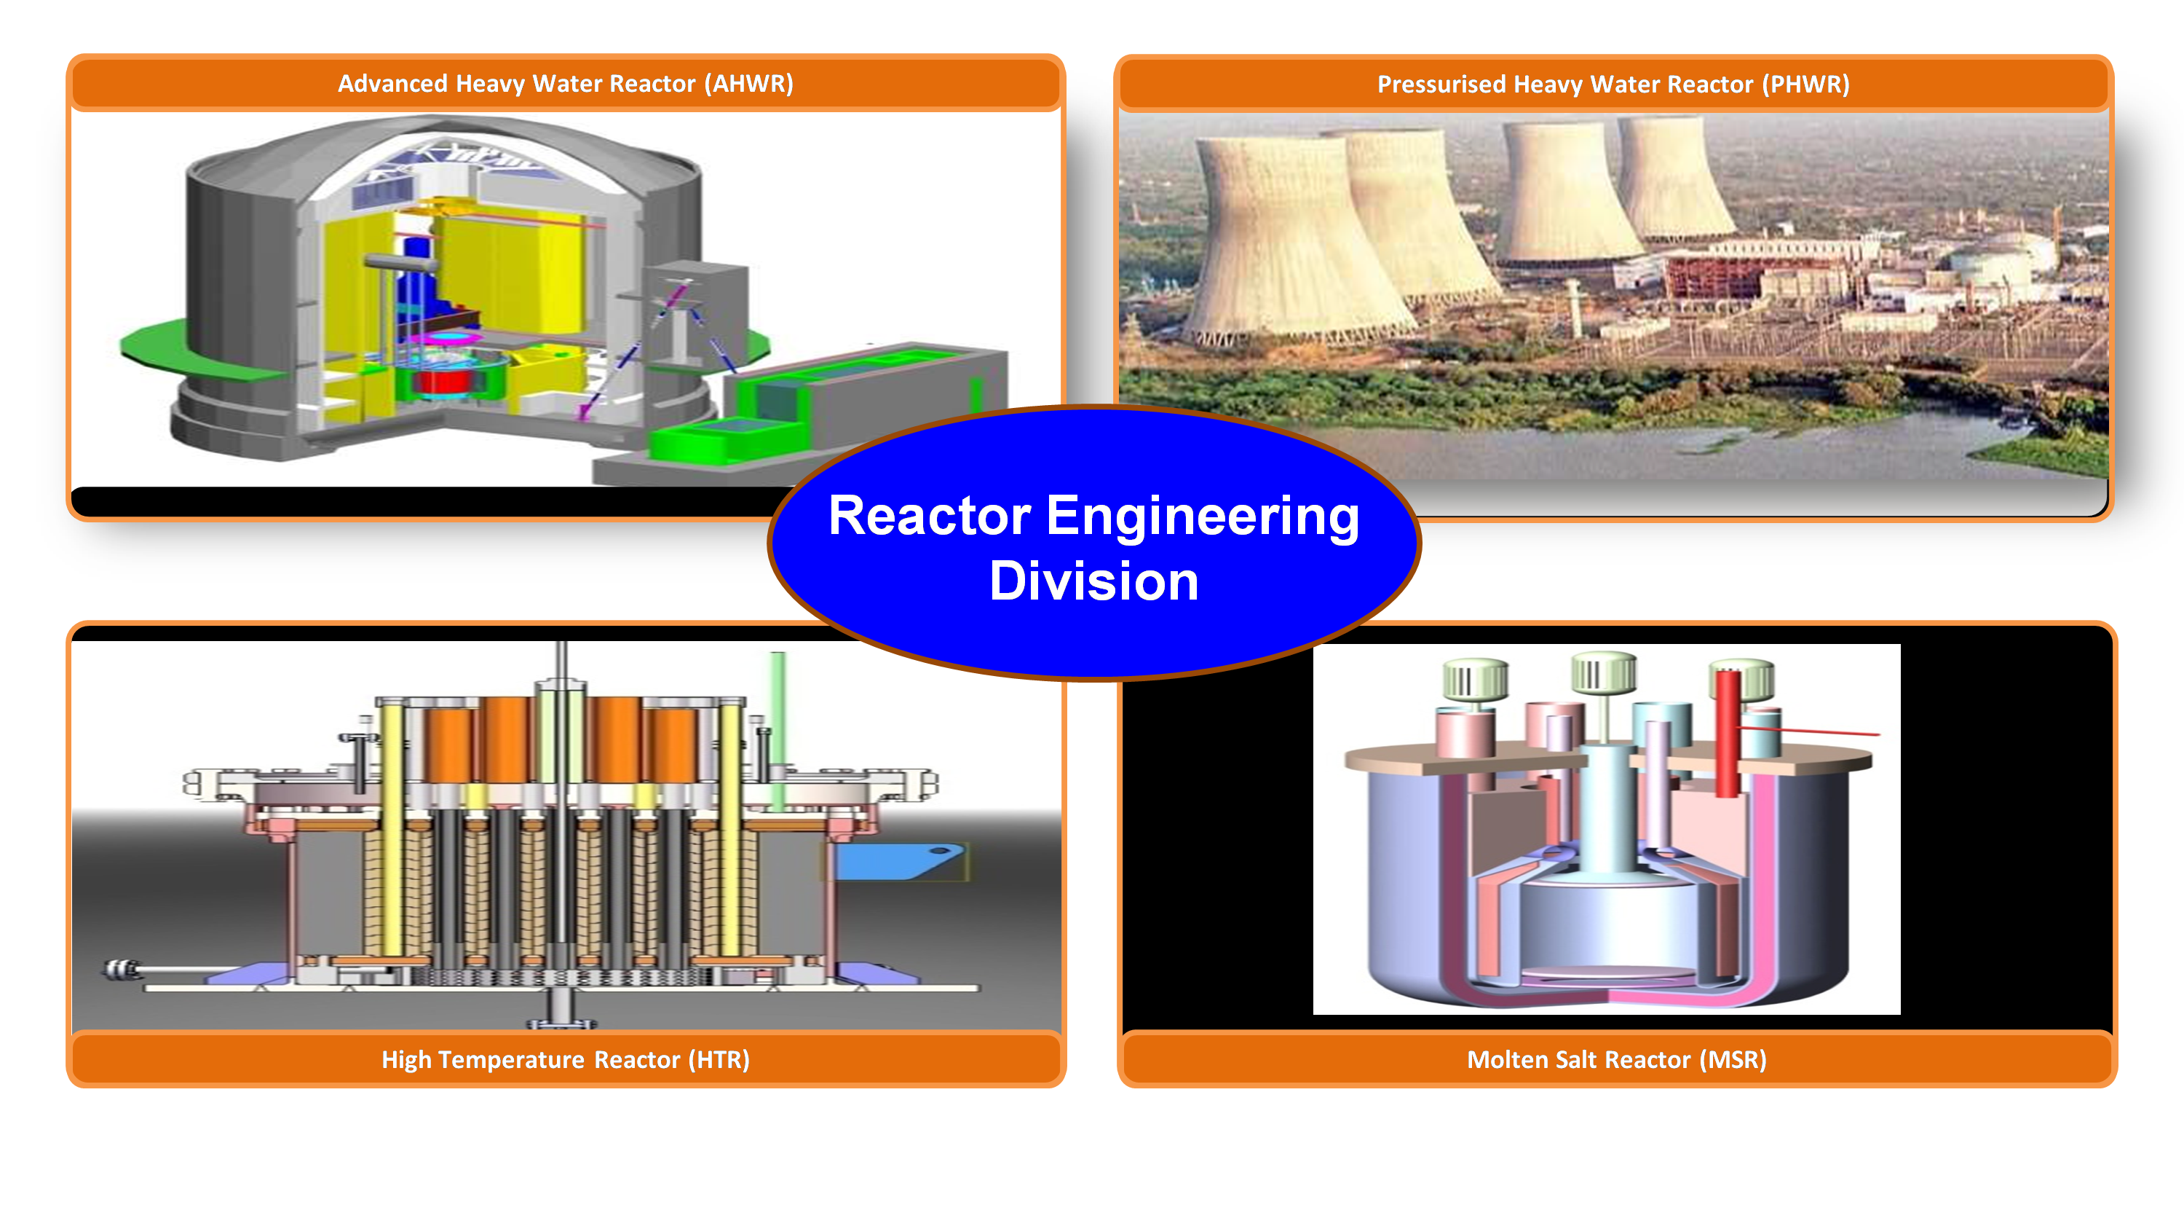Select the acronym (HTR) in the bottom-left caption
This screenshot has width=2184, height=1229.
click(719, 1059)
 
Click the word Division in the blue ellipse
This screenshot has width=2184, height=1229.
click(1093, 581)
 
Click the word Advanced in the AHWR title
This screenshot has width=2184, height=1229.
click(392, 83)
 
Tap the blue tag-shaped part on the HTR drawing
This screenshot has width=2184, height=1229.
click(898, 861)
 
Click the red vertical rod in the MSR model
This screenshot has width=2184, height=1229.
click(1728, 733)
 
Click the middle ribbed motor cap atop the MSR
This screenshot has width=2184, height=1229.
click(1603, 675)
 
